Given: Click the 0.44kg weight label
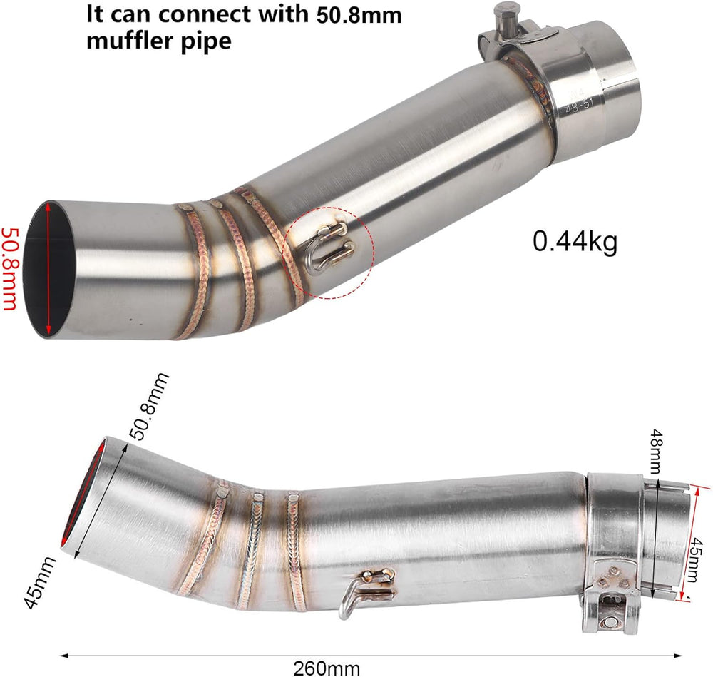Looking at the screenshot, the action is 575,242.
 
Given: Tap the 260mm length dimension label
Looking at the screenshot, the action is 327,668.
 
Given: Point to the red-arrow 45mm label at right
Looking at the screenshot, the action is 695,559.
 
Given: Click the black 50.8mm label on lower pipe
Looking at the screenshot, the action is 149,407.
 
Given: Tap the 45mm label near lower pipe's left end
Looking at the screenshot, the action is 39,582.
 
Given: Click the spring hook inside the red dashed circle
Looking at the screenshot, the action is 331,248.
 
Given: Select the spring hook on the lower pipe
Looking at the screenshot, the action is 366,591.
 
